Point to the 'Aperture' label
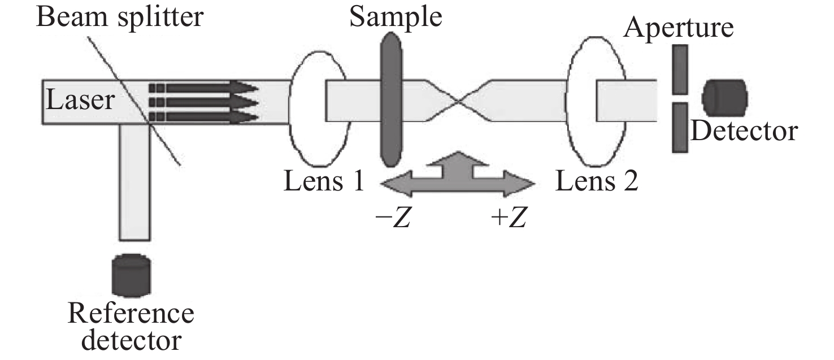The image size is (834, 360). coord(679,27)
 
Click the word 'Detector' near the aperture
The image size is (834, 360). coord(744,131)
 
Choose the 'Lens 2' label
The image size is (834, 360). coord(597,183)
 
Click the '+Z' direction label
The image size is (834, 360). coord(509,218)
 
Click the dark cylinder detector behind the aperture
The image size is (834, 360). coord(724,97)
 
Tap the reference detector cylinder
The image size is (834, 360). coord(131,275)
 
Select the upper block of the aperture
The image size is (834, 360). coord(680,69)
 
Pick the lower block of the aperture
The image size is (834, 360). coord(680,128)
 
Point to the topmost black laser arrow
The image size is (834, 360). coord(203,88)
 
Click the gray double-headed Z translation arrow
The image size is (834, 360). coord(458,180)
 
